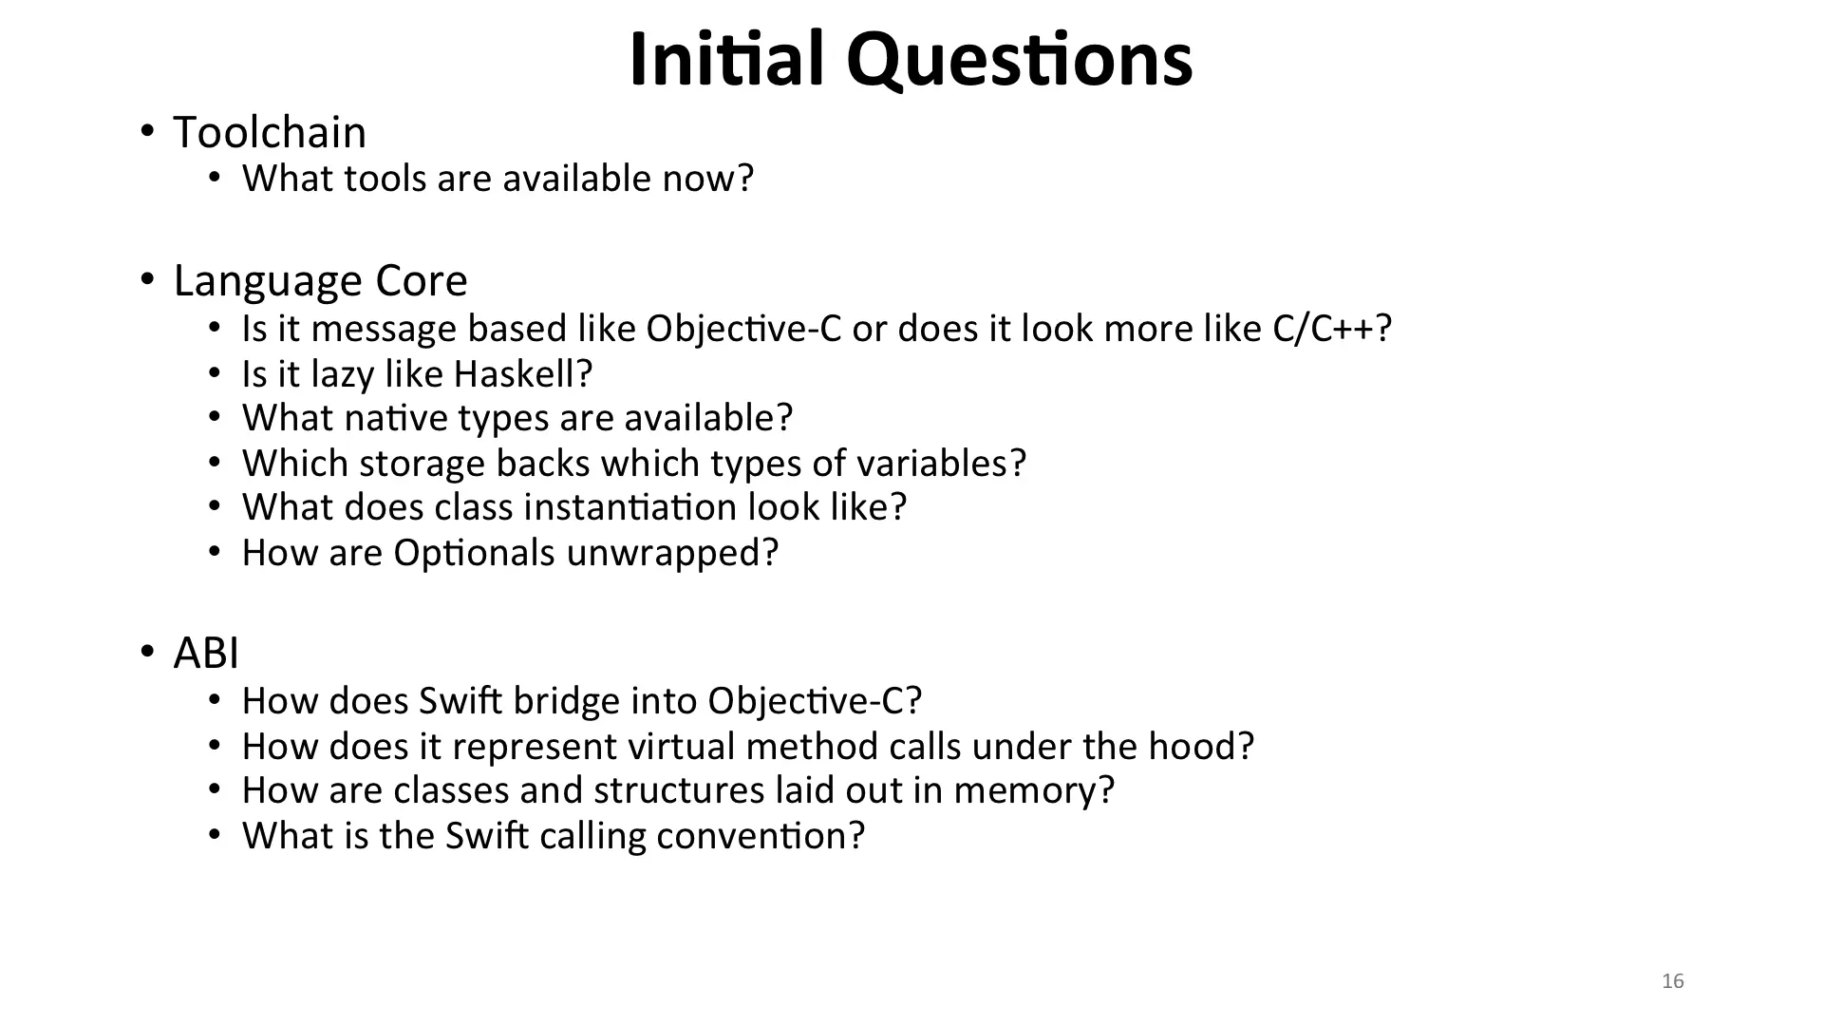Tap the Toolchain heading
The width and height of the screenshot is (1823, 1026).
pos(270,132)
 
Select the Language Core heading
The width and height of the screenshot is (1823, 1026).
pos(321,281)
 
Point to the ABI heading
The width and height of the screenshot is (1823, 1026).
pos(206,654)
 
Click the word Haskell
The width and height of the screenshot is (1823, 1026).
pos(523,373)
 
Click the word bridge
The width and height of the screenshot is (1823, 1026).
pos(567,702)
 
